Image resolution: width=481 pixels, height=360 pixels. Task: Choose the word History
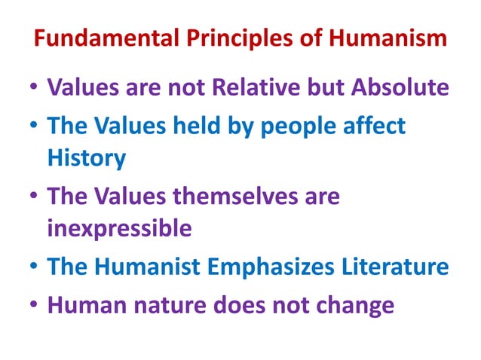[x=87, y=158]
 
